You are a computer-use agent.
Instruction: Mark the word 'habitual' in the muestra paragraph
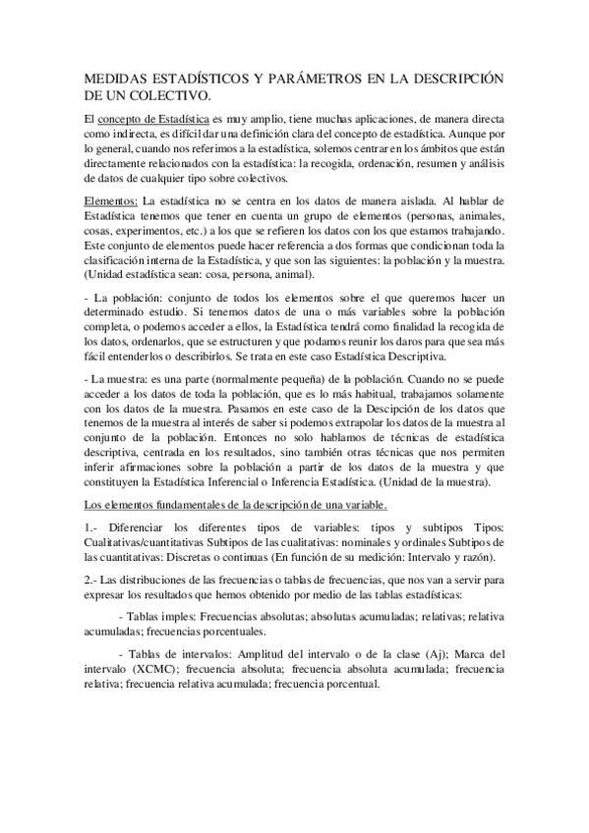(394, 393)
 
